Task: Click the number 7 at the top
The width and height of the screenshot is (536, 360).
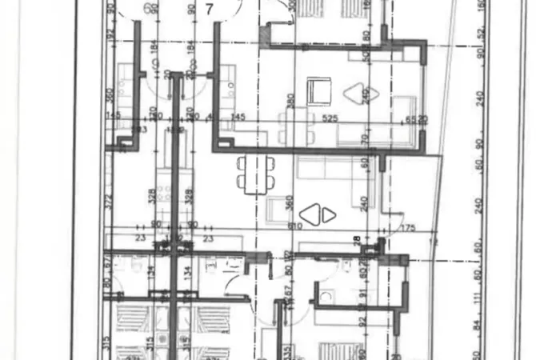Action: pos(209,10)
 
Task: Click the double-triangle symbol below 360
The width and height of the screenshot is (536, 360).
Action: pos(310,214)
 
